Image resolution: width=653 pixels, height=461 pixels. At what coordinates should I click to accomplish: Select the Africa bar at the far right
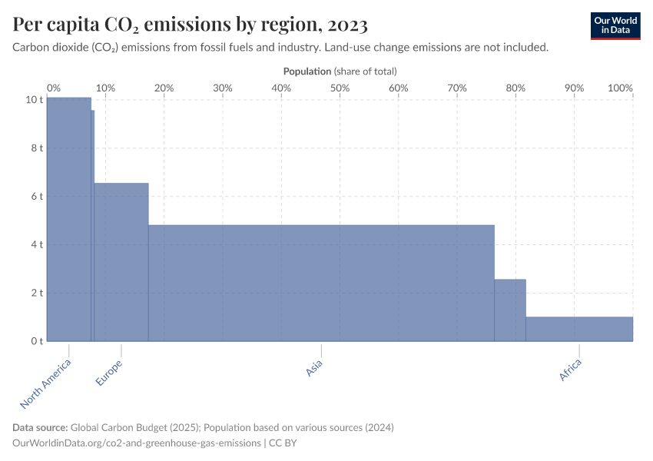point(579,329)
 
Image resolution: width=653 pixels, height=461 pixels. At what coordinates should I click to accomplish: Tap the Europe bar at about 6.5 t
point(121,261)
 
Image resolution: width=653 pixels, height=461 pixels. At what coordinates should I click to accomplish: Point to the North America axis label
point(46,383)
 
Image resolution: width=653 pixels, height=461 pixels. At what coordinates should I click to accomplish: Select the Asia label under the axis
point(313,369)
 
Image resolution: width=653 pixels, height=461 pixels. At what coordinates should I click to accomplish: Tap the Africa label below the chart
point(570,370)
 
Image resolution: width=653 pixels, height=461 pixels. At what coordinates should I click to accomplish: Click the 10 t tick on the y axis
point(34,100)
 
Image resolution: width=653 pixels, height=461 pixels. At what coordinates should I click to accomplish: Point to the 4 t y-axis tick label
point(36,244)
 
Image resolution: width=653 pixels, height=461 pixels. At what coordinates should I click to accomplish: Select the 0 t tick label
point(36,341)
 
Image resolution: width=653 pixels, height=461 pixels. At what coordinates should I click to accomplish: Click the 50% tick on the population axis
point(340,88)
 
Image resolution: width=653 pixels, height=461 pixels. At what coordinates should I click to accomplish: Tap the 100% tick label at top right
point(619,88)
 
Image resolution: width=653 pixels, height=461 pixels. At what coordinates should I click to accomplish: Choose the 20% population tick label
point(164,88)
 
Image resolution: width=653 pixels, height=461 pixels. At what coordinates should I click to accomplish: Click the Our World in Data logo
point(615,25)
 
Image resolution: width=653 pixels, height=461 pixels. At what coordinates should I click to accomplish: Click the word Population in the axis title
point(307,71)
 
